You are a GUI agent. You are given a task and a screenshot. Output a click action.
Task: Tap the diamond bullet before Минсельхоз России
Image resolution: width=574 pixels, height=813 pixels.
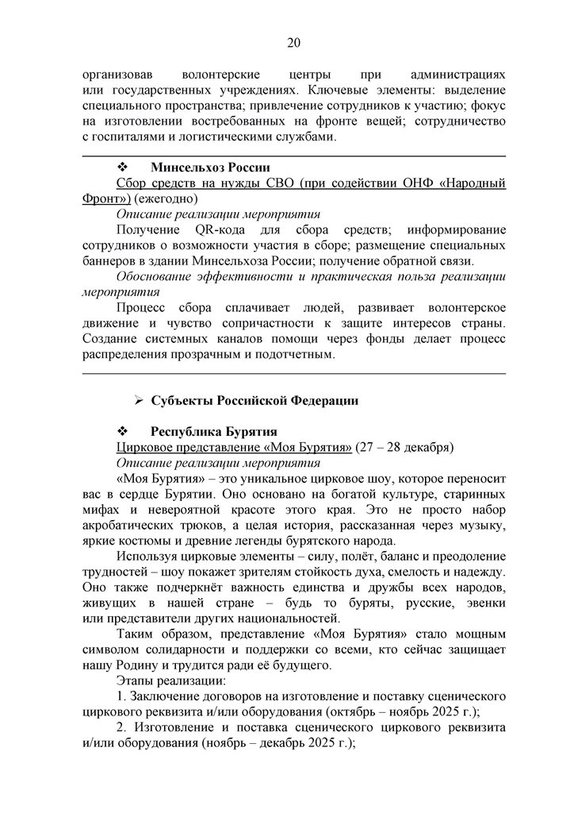[123, 168]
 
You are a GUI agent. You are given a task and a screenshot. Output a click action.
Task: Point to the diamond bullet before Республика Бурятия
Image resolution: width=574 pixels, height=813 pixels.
[123, 431]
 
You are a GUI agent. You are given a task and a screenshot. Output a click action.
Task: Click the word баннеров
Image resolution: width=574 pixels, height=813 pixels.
[107, 260]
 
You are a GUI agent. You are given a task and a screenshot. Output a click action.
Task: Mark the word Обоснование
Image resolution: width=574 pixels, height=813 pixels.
[155, 276]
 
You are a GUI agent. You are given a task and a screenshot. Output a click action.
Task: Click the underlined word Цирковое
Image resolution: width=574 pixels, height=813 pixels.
[144, 447]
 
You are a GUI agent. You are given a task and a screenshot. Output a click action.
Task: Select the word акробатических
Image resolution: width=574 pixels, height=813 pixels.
[132, 525]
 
